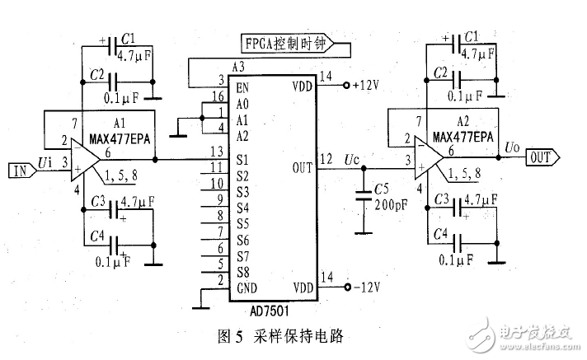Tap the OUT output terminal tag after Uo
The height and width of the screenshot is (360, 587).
[542, 157]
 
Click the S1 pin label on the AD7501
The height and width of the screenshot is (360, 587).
[242, 159]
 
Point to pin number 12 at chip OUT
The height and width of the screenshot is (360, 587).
[326, 159]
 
